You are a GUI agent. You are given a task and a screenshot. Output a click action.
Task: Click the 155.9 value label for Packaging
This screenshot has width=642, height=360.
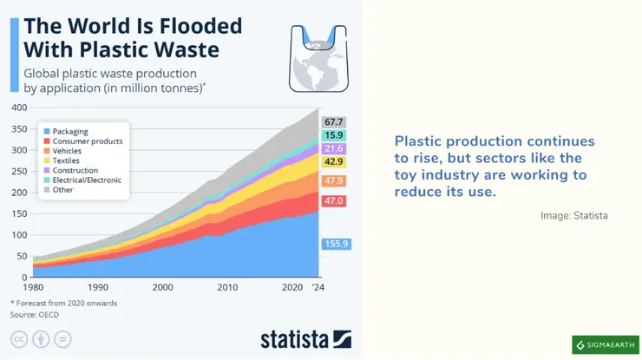[334, 244]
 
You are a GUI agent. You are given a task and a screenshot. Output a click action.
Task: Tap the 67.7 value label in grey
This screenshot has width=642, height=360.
[334, 122]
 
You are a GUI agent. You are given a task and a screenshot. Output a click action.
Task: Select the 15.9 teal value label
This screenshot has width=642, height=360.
[334, 136]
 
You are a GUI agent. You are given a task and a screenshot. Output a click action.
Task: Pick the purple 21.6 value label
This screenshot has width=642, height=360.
[334, 149]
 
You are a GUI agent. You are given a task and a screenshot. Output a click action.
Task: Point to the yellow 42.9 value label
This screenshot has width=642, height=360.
[334, 162]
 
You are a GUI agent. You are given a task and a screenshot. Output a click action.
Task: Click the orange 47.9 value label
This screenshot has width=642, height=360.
[334, 180]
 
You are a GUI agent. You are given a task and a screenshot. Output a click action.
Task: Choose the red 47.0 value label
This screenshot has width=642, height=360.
[334, 201]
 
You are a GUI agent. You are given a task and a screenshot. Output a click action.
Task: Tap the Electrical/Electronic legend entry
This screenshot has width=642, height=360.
[87, 180]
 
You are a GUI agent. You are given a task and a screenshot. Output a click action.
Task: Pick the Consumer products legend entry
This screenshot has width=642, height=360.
[87, 141]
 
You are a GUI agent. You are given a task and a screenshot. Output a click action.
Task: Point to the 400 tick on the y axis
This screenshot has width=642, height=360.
[19, 108]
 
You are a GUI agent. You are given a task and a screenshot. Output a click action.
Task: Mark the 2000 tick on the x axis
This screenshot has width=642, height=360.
[163, 287]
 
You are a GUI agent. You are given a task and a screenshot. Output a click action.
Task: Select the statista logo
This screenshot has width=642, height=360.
[305, 338]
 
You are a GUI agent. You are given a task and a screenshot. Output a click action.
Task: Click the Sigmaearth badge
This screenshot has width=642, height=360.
[605, 344]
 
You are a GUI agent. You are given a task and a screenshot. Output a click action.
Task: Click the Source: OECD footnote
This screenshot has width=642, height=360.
[29, 315]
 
